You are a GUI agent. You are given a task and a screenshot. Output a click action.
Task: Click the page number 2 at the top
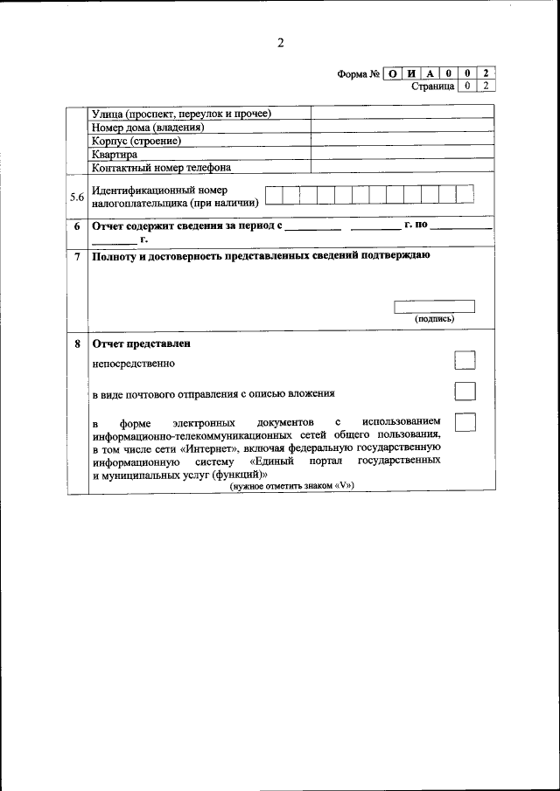click(x=281, y=43)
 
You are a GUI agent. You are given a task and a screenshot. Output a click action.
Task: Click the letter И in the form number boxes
click(x=412, y=73)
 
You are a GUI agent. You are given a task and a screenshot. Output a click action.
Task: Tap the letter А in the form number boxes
click(x=430, y=73)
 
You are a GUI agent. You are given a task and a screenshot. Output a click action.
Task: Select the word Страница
click(x=433, y=86)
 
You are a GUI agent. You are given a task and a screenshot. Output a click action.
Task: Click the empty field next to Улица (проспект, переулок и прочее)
click(x=402, y=114)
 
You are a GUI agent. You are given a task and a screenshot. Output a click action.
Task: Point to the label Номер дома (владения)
click(x=148, y=127)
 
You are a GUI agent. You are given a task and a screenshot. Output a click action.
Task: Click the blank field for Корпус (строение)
click(x=402, y=141)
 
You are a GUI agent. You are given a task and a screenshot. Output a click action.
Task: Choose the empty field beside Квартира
click(x=402, y=154)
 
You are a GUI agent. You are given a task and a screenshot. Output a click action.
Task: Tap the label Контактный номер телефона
click(x=161, y=168)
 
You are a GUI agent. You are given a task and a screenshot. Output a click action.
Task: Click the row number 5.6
click(x=77, y=197)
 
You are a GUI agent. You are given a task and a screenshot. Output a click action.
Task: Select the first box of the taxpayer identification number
click(x=274, y=195)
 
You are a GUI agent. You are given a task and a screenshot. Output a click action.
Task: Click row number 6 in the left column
click(x=77, y=226)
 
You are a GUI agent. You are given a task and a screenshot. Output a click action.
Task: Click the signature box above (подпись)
click(x=434, y=306)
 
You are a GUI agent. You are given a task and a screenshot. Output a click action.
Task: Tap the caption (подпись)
click(x=434, y=319)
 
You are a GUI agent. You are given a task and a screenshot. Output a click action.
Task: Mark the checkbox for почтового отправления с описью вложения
click(x=465, y=391)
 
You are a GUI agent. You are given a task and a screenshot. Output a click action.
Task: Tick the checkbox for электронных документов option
click(x=465, y=421)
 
